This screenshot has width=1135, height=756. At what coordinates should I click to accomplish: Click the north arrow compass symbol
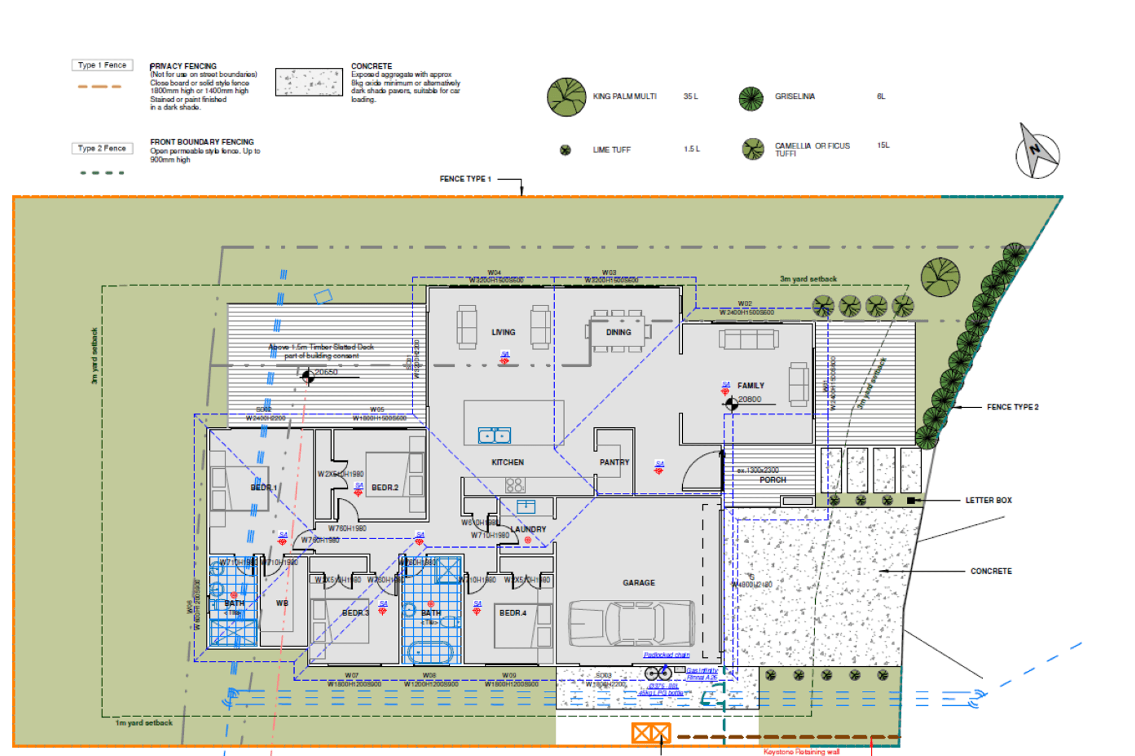pyautogui.click(x=1037, y=152)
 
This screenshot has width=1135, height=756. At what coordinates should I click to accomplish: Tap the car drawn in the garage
pyautogui.click(x=631, y=623)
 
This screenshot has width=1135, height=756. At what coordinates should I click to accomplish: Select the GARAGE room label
pyautogui.click(x=638, y=583)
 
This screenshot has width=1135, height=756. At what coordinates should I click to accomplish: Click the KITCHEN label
pyautogui.click(x=507, y=462)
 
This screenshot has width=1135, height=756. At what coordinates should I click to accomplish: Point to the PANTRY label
pyautogui.click(x=614, y=462)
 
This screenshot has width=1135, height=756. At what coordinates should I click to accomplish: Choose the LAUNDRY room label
pyautogui.click(x=528, y=529)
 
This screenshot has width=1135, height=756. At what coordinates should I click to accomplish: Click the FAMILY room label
pyautogui.click(x=751, y=385)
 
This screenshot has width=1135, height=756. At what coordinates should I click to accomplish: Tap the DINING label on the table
pyautogui.click(x=618, y=332)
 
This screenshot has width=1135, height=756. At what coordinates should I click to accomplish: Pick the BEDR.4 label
pyautogui.click(x=513, y=613)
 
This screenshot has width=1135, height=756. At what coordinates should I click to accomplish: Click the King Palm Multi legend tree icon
pyautogui.click(x=566, y=97)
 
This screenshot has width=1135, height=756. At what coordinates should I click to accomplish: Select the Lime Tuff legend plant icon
pyautogui.click(x=565, y=150)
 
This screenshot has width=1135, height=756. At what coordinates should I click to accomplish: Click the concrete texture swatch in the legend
pyautogui.click(x=309, y=82)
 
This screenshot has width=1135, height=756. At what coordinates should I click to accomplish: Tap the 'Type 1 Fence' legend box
pyautogui.click(x=102, y=65)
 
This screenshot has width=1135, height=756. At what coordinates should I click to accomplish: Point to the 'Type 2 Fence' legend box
pyautogui.click(x=102, y=148)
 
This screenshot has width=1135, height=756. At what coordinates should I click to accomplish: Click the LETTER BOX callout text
pyautogui.click(x=988, y=500)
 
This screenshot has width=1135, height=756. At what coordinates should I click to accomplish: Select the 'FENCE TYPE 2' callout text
pyautogui.click(x=1012, y=407)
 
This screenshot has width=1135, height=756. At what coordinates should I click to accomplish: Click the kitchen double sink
pyautogui.click(x=494, y=436)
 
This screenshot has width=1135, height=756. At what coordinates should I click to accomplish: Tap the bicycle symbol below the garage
pyautogui.click(x=658, y=673)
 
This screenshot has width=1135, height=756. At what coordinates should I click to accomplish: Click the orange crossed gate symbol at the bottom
pyautogui.click(x=650, y=734)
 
